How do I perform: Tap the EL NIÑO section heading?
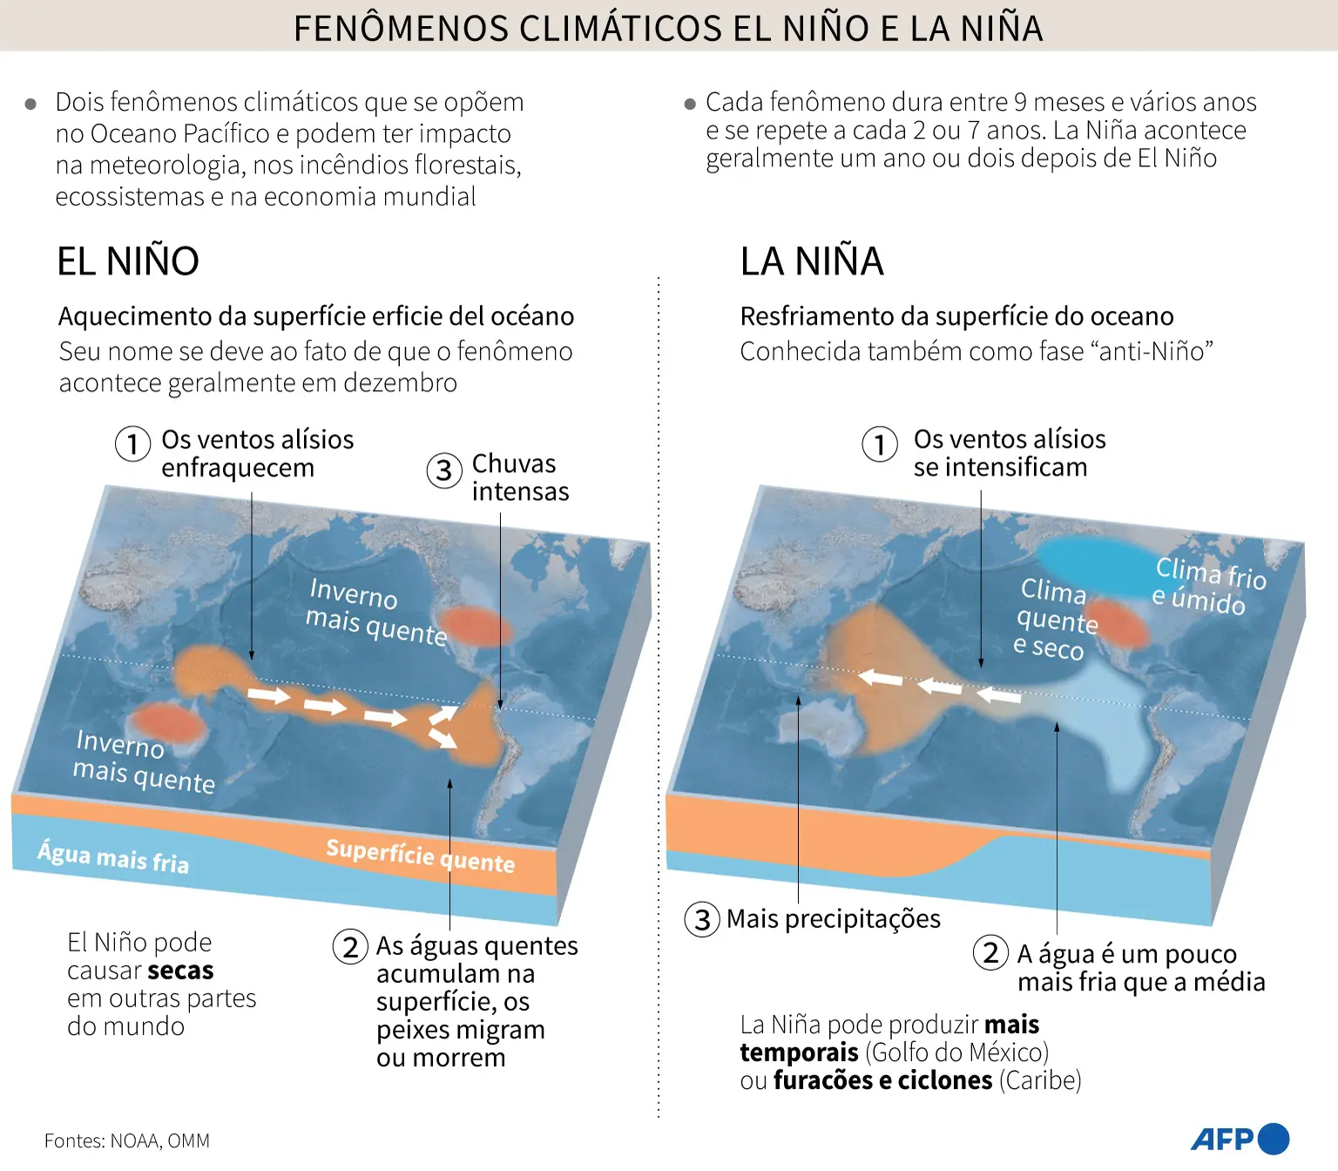coord(128,261)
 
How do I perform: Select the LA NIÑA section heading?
coord(812,261)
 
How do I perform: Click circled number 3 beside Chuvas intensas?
coord(443,470)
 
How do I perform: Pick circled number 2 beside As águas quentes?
coord(350,946)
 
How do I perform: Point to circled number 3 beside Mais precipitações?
coord(702,919)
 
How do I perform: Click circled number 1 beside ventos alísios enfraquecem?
coord(132,443)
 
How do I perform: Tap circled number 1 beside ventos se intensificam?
coord(880,443)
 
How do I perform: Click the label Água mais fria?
coord(113,856)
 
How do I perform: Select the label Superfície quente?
coord(420,855)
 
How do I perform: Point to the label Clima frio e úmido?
coord(1209,585)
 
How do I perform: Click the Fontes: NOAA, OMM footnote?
coord(127,1141)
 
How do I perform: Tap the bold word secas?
coord(179,971)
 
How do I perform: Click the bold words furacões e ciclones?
coord(882,1080)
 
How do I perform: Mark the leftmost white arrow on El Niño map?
coord(268,694)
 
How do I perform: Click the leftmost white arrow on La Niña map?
coord(880,677)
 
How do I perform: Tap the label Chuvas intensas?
coord(519,477)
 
